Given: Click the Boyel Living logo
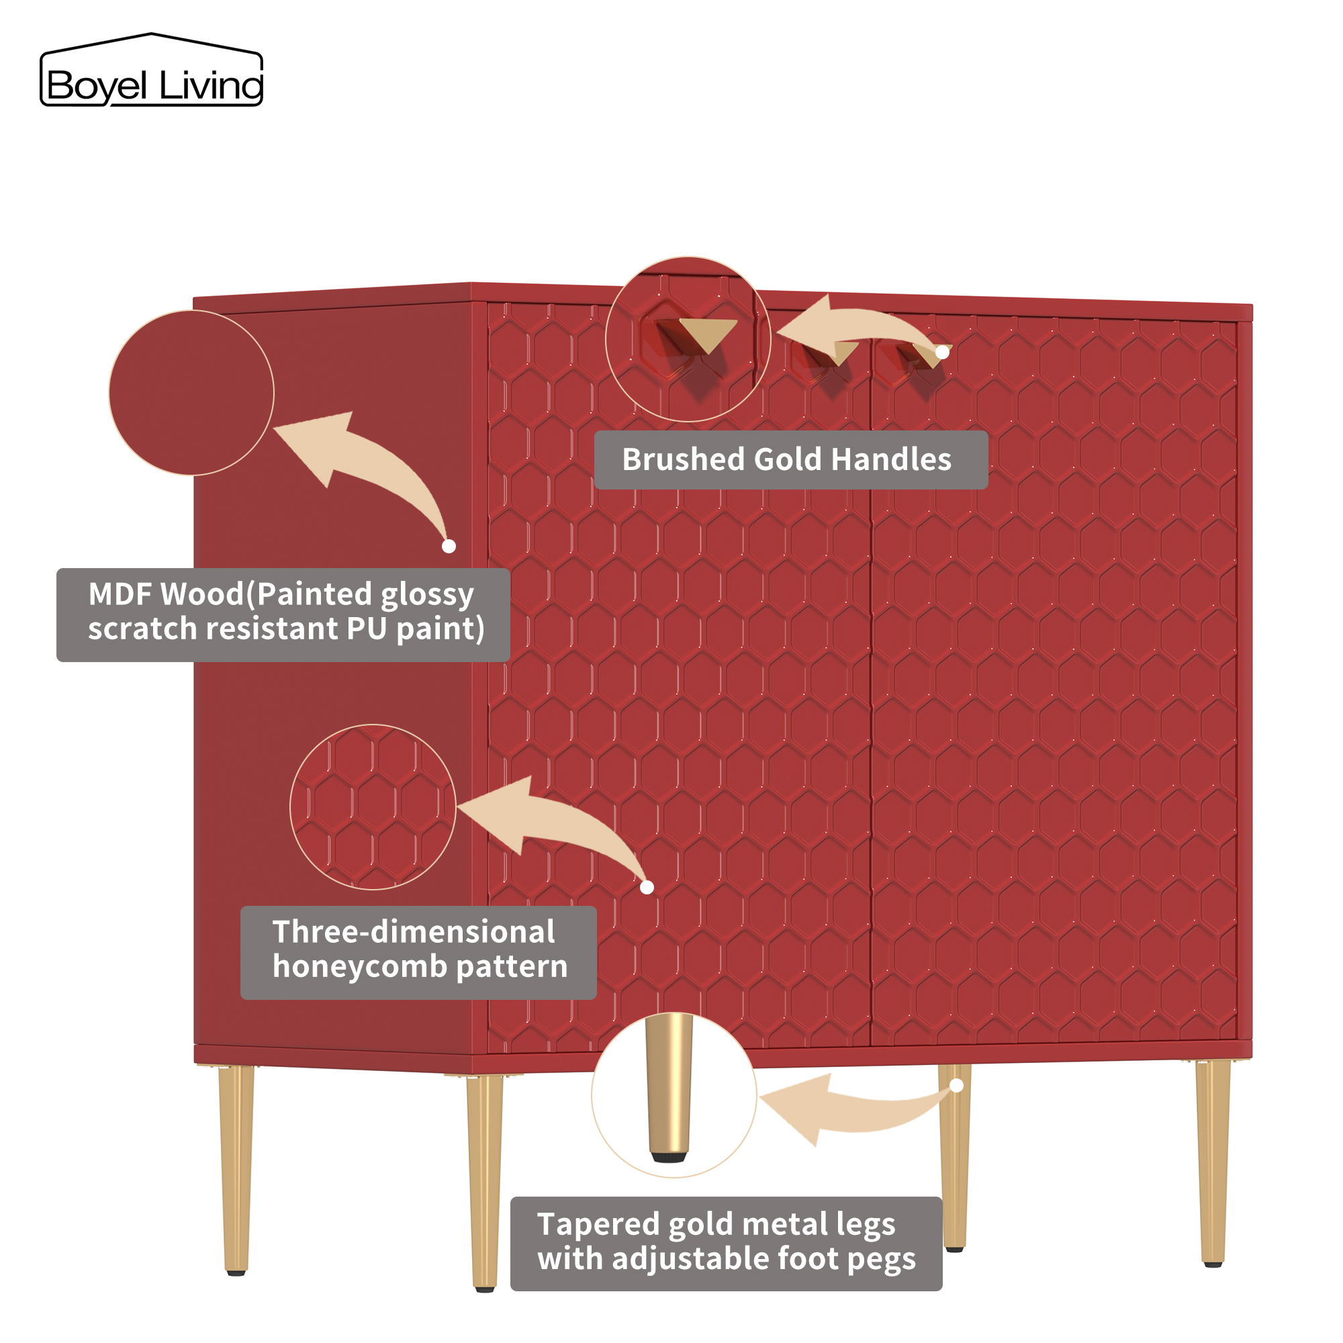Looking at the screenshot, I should pyautogui.click(x=152, y=72).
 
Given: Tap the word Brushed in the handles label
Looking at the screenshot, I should pyautogui.click(x=683, y=460).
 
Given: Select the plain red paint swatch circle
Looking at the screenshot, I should pyautogui.click(x=191, y=393).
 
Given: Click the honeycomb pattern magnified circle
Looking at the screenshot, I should pyautogui.click(x=373, y=807).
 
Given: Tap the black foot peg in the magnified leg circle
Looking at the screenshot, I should pyautogui.click(x=669, y=1158).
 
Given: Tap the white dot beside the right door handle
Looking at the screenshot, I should pyautogui.click(x=942, y=353).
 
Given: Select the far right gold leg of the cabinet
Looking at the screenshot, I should pyautogui.click(x=1212, y=1161).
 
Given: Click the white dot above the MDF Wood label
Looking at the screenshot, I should pyautogui.click(x=449, y=547).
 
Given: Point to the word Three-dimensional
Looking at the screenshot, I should pyautogui.click(x=414, y=932).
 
